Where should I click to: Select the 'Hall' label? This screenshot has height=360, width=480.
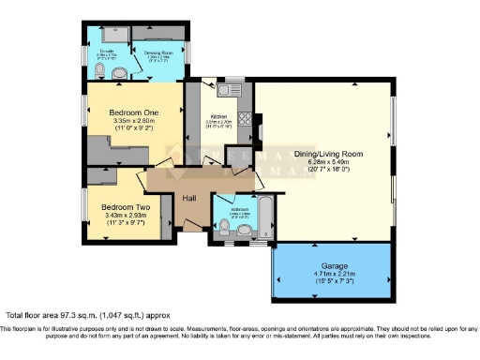point(188,198)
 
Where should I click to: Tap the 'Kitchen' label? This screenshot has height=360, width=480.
point(218,116)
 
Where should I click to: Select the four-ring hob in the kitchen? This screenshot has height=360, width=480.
point(244,119)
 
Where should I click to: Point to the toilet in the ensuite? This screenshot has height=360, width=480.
point(100,68)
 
